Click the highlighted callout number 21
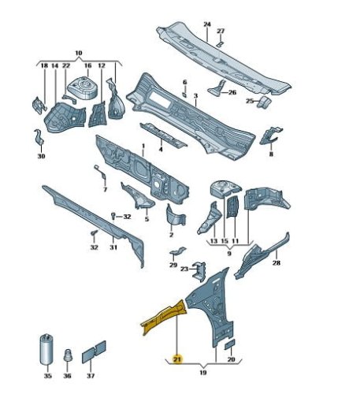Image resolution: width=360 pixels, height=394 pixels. click(x=177, y=359)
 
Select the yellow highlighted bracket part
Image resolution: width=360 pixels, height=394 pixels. click(x=163, y=317)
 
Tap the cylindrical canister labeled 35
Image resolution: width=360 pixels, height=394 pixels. click(x=47, y=349)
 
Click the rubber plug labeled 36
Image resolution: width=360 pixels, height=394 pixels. click(x=68, y=355)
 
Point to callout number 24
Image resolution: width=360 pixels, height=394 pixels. click(x=207, y=24)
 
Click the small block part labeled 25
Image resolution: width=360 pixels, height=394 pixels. click(x=264, y=102)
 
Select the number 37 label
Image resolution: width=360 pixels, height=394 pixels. click(x=91, y=376)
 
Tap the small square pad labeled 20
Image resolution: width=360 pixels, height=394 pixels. click(x=230, y=344)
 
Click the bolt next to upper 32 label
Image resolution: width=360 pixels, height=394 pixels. click(x=113, y=216)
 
